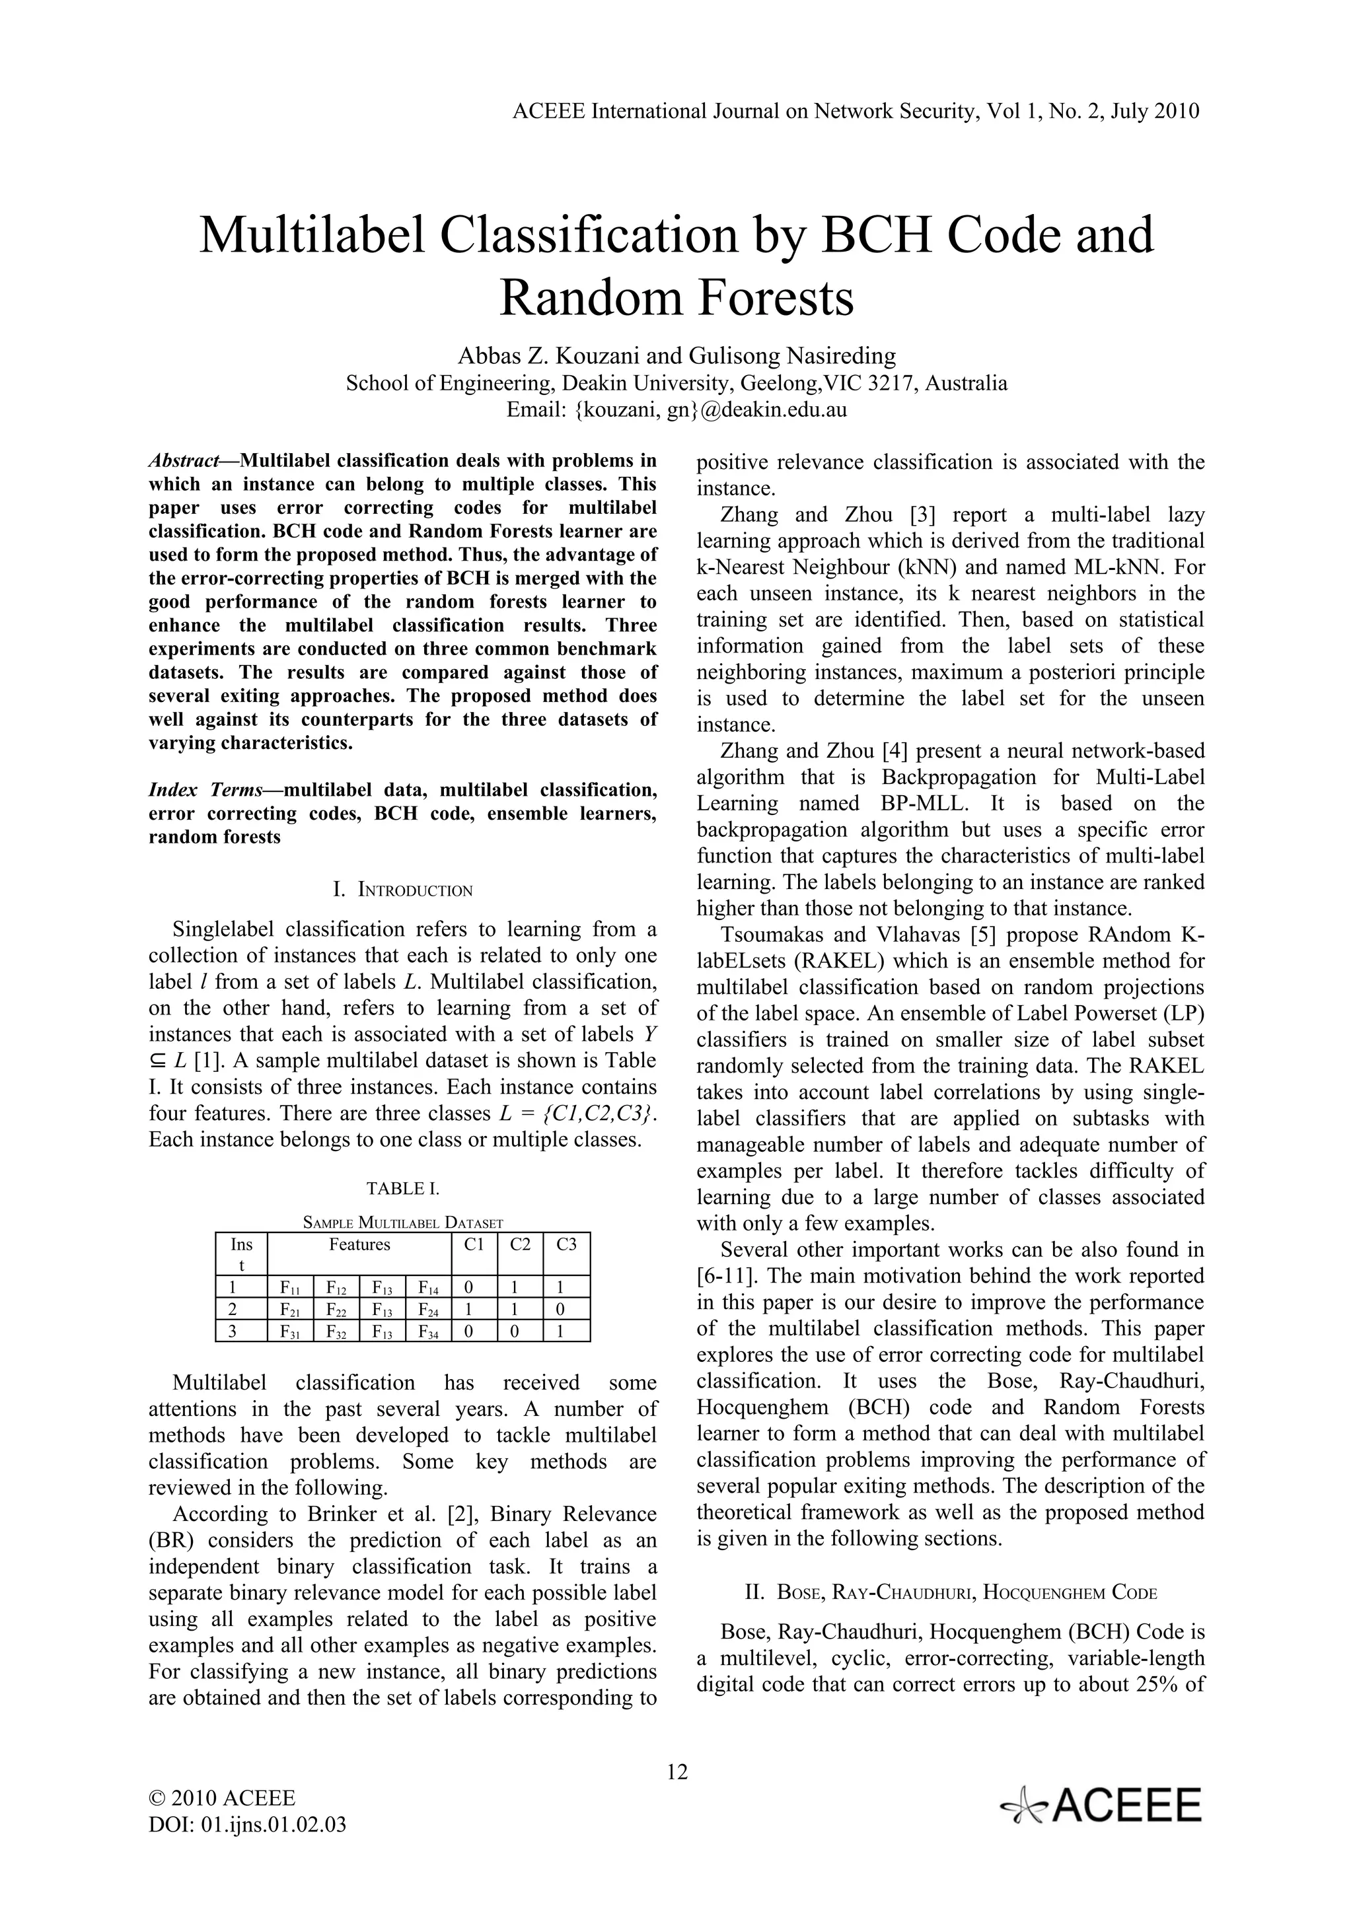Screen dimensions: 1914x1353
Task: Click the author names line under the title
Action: pyautogui.click(x=676, y=356)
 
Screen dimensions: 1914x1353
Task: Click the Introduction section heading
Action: pyautogui.click(x=402, y=890)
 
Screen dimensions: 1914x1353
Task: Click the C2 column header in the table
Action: pyautogui.click(x=520, y=1244)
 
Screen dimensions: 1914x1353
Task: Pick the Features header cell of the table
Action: pyautogui.click(x=359, y=1244)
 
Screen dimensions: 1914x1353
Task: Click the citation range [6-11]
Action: pyautogui.click(x=726, y=1275)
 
